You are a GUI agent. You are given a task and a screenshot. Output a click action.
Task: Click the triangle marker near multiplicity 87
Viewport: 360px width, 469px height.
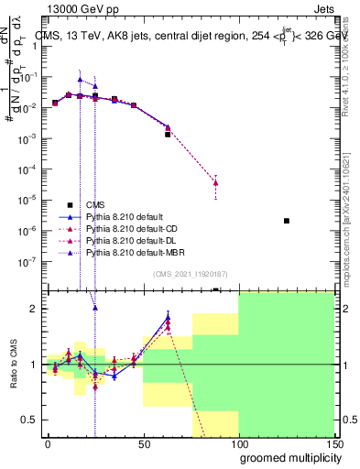[x=215, y=182]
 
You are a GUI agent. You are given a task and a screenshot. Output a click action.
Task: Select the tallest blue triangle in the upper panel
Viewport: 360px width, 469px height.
[x=80, y=81]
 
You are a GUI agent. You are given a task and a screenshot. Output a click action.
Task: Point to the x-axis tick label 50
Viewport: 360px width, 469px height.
[x=143, y=442]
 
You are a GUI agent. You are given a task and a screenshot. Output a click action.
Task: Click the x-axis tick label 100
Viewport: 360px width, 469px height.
[x=238, y=442]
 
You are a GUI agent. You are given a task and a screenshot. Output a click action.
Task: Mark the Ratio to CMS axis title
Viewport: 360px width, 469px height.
[x=13, y=365]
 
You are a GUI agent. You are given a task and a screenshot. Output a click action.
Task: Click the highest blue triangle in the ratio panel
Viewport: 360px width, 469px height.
[x=168, y=318]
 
